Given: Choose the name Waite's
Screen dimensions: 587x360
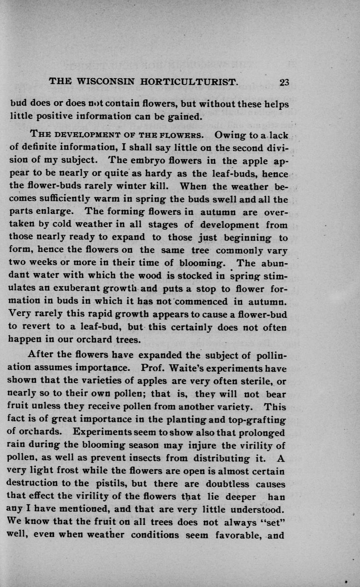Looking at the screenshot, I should pyautogui.click(x=188, y=368).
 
